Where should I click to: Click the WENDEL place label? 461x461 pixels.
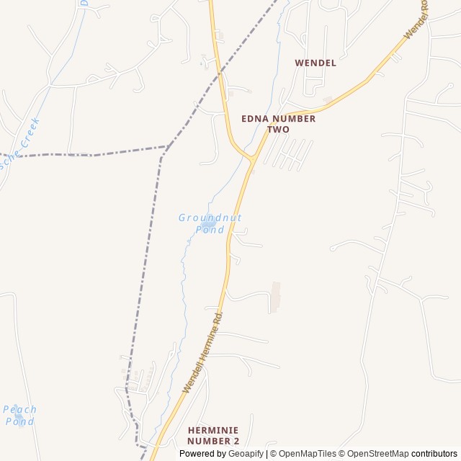pos(315,63)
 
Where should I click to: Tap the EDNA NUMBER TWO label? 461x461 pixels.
pos(278,124)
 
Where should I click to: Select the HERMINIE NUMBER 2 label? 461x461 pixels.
pos(212,435)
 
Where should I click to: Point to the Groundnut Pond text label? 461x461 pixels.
pos(210,223)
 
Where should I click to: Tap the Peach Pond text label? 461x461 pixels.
pos(19,415)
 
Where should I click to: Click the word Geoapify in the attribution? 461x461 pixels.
pos(246,454)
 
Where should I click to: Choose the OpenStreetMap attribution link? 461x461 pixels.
pos(377,454)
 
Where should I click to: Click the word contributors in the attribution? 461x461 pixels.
pos(434,454)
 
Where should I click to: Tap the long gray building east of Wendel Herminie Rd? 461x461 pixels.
pos(275,297)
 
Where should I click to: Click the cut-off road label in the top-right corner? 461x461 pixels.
pos(417,20)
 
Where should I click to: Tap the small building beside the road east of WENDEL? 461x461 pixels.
pos(328,99)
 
